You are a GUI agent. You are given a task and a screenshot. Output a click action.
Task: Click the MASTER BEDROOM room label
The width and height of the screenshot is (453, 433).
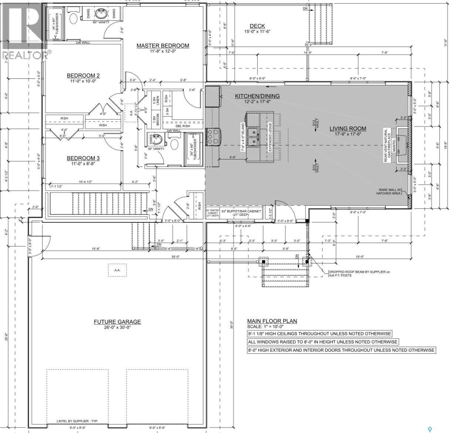coord(163,46)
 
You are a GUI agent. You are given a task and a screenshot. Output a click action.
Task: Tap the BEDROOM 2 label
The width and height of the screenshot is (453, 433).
coord(83,75)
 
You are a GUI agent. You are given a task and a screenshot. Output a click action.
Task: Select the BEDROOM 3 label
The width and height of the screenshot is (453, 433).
coord(83,158)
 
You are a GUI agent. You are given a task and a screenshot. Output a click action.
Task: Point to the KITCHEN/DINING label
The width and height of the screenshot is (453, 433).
coord(257,96)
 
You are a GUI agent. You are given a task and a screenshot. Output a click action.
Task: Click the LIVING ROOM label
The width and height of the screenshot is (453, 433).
coord(348,129)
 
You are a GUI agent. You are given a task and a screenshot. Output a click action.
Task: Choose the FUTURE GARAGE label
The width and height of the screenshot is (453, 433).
coord(117,322)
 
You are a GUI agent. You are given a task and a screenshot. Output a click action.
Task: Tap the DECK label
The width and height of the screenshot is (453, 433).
coord(257,26)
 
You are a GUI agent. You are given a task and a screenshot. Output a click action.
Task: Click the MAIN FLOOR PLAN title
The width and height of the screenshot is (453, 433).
coord(272,321)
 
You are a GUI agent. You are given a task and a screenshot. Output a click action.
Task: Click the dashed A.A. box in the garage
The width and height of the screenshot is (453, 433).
coord(117,270)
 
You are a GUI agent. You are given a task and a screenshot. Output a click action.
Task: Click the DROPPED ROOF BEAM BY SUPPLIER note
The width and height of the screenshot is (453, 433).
coord(359,273)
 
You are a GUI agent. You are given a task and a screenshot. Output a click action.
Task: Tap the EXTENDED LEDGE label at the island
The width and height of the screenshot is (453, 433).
coord(270,137)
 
